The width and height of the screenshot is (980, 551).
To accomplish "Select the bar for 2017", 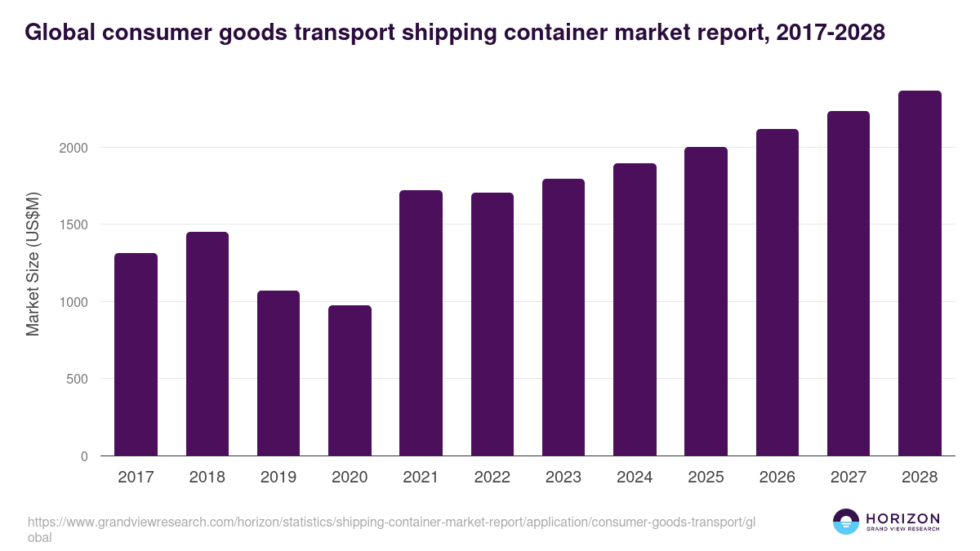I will (136, 355).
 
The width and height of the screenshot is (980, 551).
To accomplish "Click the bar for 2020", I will (350, 381).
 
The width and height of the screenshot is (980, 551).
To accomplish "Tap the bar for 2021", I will (421, 323).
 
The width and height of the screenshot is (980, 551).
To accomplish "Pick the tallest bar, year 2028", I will (920, 273).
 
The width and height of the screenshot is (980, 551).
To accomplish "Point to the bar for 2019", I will (278, 374).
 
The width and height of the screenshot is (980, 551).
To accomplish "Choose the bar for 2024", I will (635, 310).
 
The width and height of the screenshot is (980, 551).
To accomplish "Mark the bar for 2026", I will (777, 293).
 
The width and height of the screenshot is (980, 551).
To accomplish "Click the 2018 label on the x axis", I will (207, 478).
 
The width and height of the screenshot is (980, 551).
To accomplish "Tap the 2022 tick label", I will (492, 478).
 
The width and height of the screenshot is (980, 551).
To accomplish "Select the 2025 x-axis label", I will (706, 478).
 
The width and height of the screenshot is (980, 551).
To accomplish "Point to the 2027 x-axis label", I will (848, 478).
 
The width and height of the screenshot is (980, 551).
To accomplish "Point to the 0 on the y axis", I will (84, 456).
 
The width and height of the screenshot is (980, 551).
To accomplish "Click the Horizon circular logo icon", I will (845, 522).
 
